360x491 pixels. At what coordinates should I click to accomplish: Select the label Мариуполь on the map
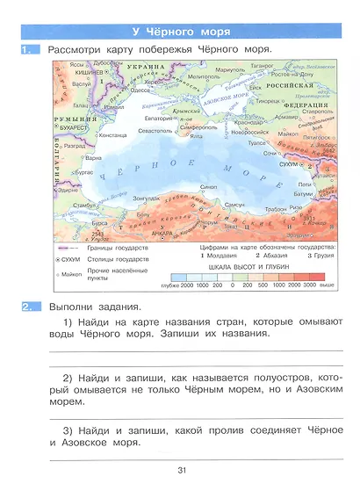tap(229, 69)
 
